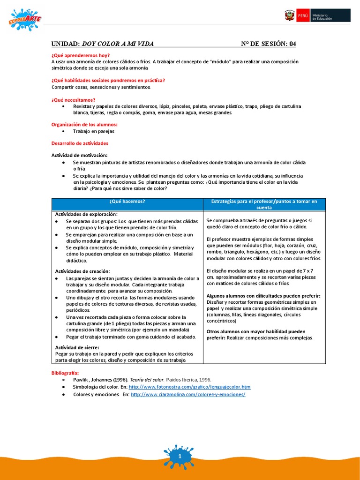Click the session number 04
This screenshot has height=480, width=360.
point(292,44)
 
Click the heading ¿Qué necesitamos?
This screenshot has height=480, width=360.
point(73,100)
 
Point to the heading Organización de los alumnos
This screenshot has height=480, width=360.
point(84,124)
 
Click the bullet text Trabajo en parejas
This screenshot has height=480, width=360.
point(94,131)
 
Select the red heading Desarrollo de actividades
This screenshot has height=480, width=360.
point(80,143)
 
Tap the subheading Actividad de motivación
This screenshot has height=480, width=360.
point(79,155)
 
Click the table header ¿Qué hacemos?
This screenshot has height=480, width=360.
point(127,201)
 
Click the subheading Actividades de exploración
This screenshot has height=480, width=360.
point(86,214)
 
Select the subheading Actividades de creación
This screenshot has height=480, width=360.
point(82,271)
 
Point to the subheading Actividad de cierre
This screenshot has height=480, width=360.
point(77,347)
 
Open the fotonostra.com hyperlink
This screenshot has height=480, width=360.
point(189,387)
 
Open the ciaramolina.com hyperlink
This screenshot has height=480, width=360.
point(188,395)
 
